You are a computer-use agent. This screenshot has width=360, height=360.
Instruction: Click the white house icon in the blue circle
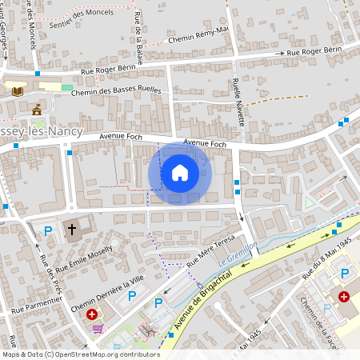pos(179,173)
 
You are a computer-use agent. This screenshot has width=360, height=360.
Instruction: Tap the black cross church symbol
pos(72,230)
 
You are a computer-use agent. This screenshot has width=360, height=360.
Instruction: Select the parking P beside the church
pos(47,231)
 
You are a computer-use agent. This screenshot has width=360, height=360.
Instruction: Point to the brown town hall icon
pos(36,108)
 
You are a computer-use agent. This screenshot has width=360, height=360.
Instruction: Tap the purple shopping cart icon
pos(98,328)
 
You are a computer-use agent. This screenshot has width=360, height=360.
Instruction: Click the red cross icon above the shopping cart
pos(92,315)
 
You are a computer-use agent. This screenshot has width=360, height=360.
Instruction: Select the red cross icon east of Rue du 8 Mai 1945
pos(343,296)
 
